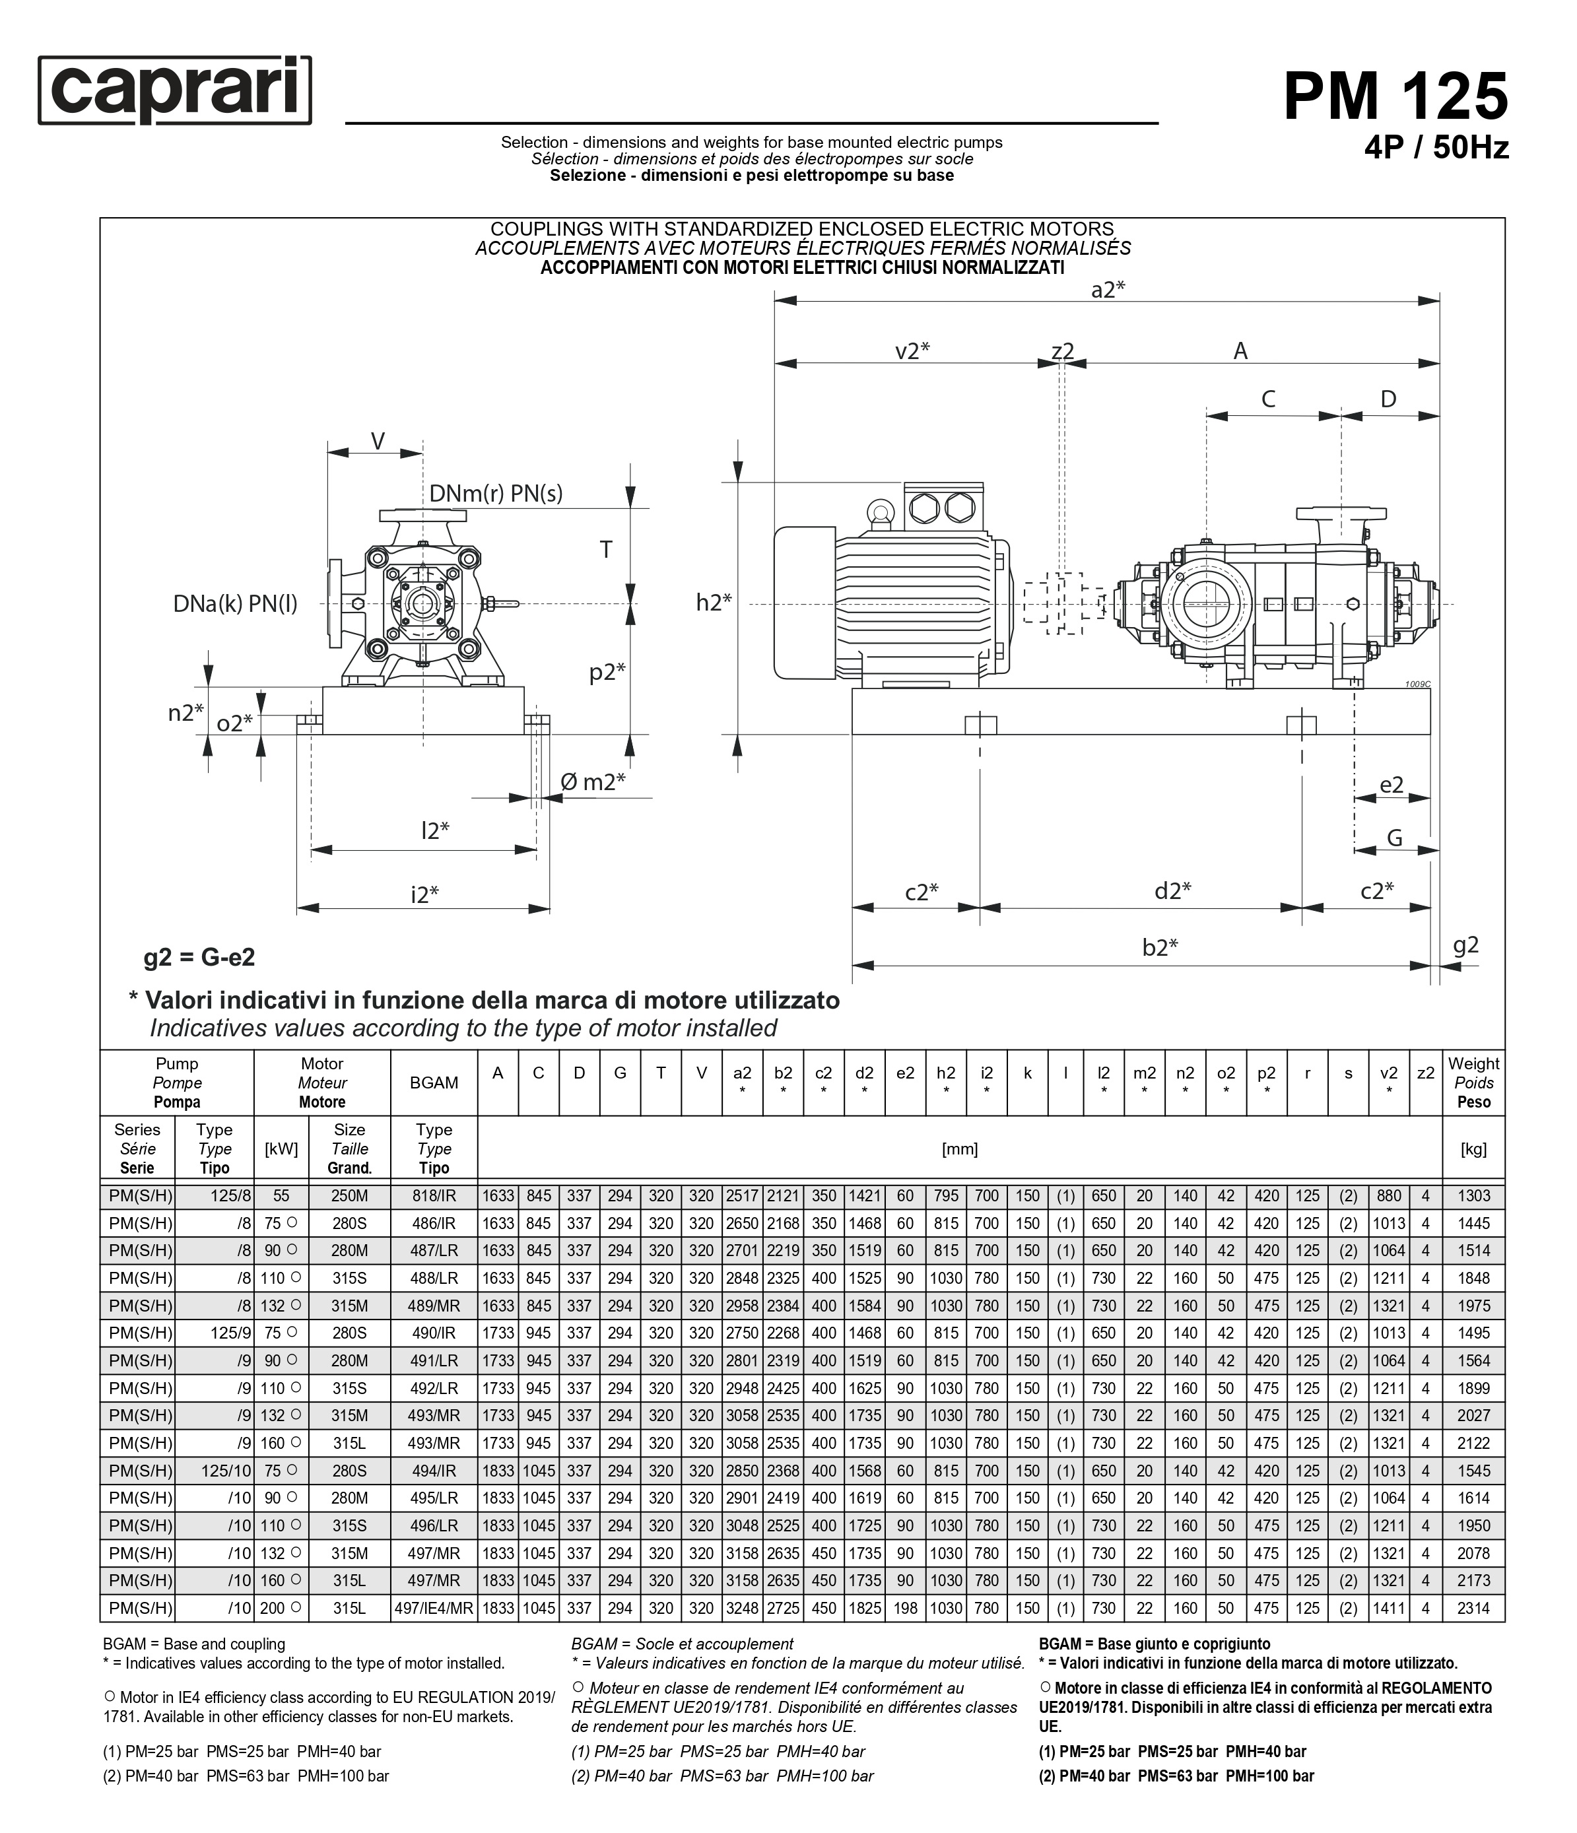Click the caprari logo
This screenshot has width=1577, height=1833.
pos(174,90)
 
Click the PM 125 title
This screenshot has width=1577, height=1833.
pos(1395,96)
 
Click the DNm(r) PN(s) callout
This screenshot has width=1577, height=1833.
pos(495,494)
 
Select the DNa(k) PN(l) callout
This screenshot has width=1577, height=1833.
pos(235,604)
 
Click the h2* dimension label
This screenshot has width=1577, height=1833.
pos(714,603)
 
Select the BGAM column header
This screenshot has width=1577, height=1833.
pos(434,1083)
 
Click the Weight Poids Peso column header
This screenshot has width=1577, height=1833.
pos(1473,1083)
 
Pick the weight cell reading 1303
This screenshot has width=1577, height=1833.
pos(1473,1196)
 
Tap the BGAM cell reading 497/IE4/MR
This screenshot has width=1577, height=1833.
pos(434,1609)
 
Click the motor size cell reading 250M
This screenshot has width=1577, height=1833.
pos(349,1196)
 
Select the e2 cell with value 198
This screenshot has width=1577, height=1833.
pos(905,1609)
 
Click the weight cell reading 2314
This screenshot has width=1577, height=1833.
pos(1473,1609)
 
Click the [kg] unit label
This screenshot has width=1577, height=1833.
pos(1473,1149)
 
